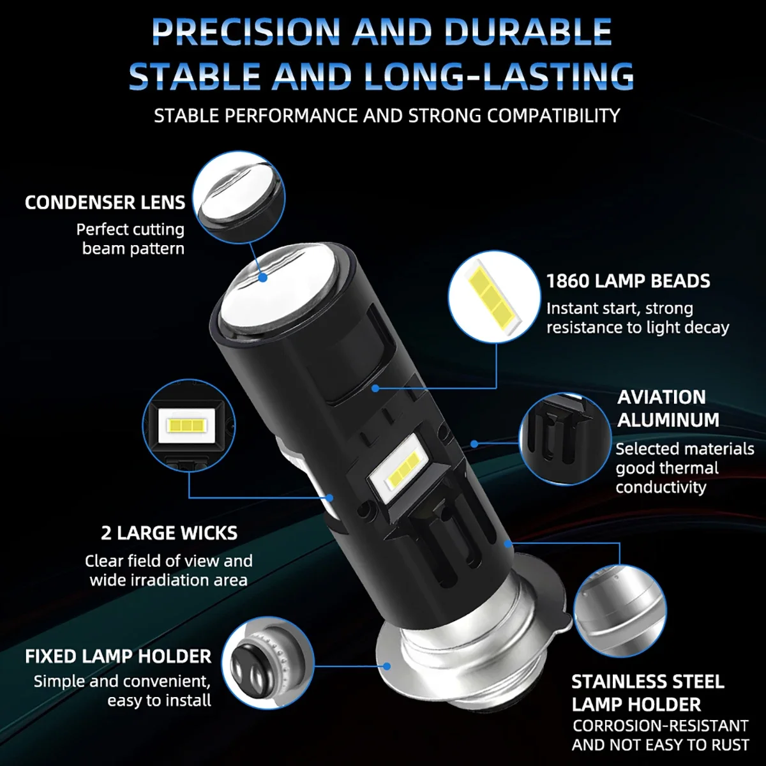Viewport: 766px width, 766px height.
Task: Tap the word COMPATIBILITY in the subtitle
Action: (553, 116)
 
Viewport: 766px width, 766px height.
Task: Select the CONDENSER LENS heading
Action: (105, 202)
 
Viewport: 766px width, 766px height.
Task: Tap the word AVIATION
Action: (661, 397)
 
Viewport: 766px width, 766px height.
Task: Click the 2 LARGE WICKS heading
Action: (169, 533)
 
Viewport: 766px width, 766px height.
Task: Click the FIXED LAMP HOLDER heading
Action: (118, 656)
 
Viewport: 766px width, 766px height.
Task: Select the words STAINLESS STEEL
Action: (648, 682)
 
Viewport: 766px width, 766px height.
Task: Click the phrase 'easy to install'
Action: (159, 700)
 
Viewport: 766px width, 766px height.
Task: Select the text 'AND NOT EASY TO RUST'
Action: (661, 745)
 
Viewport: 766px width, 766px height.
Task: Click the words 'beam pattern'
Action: (133, 248)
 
